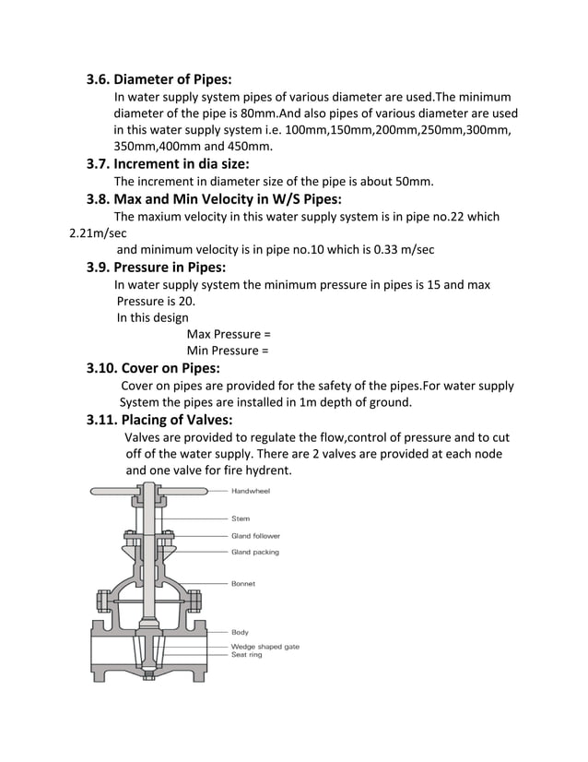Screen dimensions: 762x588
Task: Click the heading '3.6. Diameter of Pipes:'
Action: (159, 79)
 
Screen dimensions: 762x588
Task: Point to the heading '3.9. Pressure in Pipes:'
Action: (156, 268)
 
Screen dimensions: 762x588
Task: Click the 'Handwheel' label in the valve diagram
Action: (250, 492)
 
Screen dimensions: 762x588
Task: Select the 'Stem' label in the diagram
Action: (240, 518)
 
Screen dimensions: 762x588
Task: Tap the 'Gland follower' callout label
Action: (255, 536)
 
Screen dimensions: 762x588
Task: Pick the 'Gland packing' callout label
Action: (254, 552)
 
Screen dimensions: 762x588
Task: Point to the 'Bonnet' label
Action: (243, 584)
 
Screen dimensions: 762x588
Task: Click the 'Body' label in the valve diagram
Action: (240, 632)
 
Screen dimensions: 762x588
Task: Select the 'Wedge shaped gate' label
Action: (265, 647)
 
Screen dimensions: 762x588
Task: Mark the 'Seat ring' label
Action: (246, 655)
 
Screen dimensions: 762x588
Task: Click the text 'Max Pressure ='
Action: (229, 334)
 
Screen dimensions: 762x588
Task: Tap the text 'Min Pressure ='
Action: (228, 351)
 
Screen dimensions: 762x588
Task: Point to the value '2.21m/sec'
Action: (98, 233)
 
